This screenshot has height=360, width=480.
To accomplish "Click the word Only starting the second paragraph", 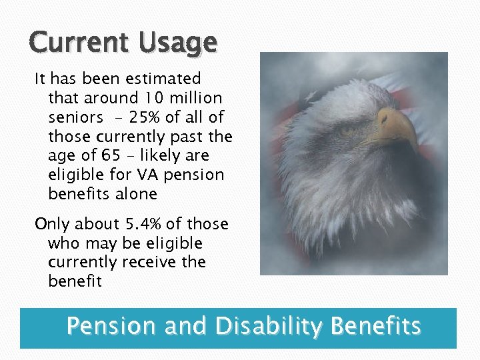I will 51,224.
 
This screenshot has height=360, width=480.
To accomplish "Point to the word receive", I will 153,262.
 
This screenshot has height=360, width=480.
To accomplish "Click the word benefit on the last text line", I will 75,281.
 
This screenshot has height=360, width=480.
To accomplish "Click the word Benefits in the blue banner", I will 376,327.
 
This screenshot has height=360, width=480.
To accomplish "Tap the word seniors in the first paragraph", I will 75,117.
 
